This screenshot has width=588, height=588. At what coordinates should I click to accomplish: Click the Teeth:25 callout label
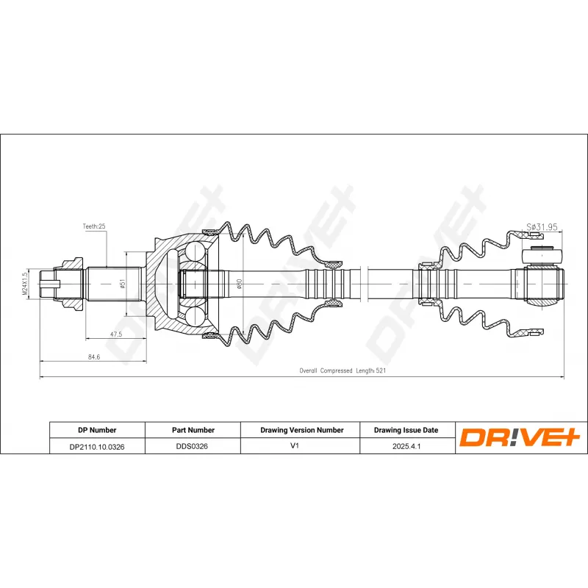click(93, 227)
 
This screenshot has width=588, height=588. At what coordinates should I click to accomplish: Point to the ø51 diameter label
click(122, 283)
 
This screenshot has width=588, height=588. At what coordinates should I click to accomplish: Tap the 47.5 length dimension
click(115, 334)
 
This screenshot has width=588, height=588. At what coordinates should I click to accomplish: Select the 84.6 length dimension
click(93, 356)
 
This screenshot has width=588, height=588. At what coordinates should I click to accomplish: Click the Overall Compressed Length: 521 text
click(343, 371)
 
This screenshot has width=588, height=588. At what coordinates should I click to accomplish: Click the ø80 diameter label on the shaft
click(239, 283)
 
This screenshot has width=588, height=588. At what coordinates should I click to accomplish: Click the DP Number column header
click(97, 430)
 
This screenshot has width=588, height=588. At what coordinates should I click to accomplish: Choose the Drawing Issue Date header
click(406, 430)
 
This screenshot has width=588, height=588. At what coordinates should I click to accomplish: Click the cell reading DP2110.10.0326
click(97, 446)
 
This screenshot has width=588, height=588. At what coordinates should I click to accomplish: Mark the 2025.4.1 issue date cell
click(406, 446)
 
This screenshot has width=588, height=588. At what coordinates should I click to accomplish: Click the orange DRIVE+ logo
click(520, 438)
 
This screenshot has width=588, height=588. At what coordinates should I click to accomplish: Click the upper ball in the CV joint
click(196, 252)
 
